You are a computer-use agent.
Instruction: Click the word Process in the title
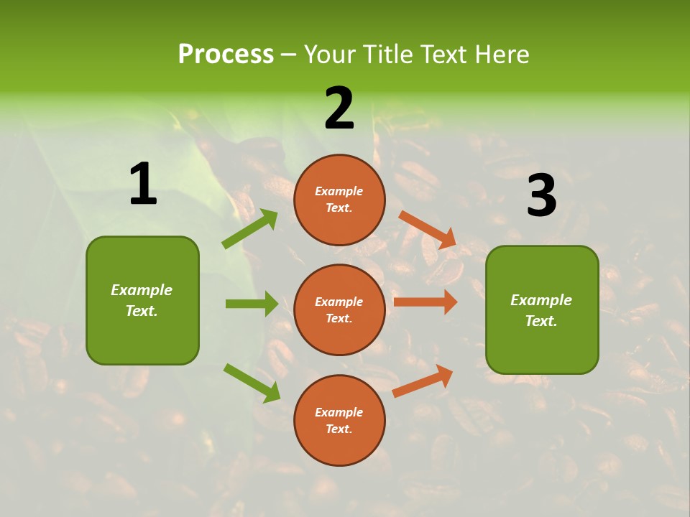(226, 55)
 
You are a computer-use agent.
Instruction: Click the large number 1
(143, 185)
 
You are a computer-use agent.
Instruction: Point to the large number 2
(339, 108)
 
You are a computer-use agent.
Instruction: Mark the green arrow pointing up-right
(250, 228)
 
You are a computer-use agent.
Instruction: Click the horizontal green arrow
(252, 304)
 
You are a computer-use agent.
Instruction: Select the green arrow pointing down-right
(252, 382)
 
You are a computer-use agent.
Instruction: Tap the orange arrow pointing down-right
(427, 229)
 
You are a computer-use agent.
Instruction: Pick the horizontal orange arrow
(425, 302)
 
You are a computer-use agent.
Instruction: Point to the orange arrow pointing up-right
(423, 381)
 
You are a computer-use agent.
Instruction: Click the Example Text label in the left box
(142, 300)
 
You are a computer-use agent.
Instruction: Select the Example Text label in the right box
(541, 310)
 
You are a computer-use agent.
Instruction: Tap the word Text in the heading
(444, 55)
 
